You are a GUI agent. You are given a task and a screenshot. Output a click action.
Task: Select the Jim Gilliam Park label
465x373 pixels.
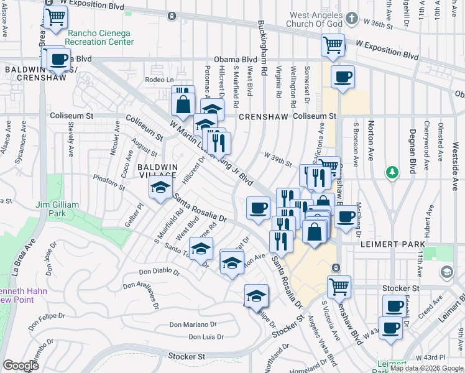57,209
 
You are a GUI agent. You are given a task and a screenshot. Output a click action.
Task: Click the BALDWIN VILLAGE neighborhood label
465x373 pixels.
158,172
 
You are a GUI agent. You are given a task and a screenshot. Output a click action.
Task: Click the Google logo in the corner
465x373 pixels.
21,366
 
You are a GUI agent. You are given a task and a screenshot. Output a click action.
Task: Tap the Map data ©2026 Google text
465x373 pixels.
426,368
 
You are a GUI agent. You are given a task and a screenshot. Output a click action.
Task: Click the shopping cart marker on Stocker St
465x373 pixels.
339,287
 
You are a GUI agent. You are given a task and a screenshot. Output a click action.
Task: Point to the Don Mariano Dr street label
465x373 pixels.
193,325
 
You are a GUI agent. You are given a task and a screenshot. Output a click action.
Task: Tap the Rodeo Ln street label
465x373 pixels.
159,80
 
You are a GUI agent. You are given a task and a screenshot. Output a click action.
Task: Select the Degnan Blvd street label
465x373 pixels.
412,149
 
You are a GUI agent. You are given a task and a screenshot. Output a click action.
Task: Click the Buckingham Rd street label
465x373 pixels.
262,39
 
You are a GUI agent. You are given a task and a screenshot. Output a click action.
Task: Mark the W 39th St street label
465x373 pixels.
277,159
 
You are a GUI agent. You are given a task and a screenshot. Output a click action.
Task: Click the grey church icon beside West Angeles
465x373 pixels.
352,18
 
